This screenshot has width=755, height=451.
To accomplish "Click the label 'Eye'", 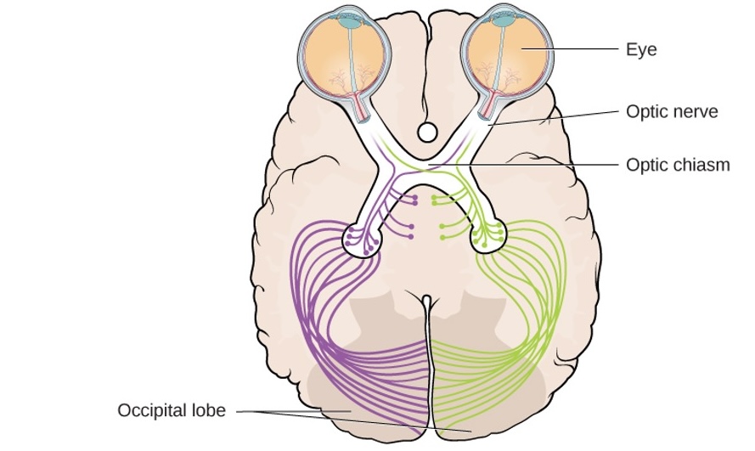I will click(x=641, y=50).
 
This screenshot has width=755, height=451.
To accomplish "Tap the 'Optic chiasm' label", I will click(x=678, y=165).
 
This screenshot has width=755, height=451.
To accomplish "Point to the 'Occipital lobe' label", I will click(x=172, y=411).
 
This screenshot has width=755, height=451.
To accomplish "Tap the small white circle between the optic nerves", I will click(x=427, y=132).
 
